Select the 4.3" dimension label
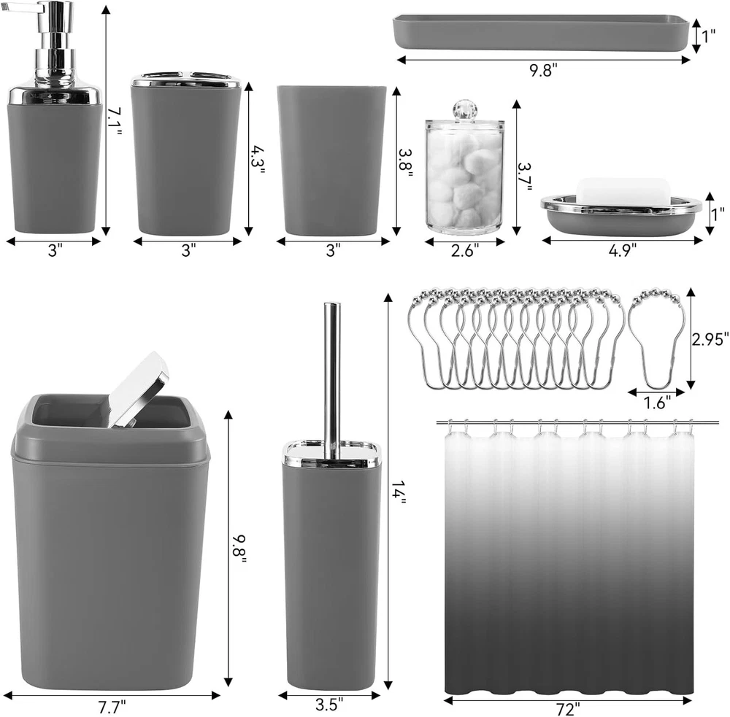coord(258,159)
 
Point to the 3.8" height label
coord(405,163)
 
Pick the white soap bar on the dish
coord(623,190)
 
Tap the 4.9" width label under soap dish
coord(623,250)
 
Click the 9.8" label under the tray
coord(543,70)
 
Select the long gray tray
coord(540,32)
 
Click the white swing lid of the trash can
coord(139,388)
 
